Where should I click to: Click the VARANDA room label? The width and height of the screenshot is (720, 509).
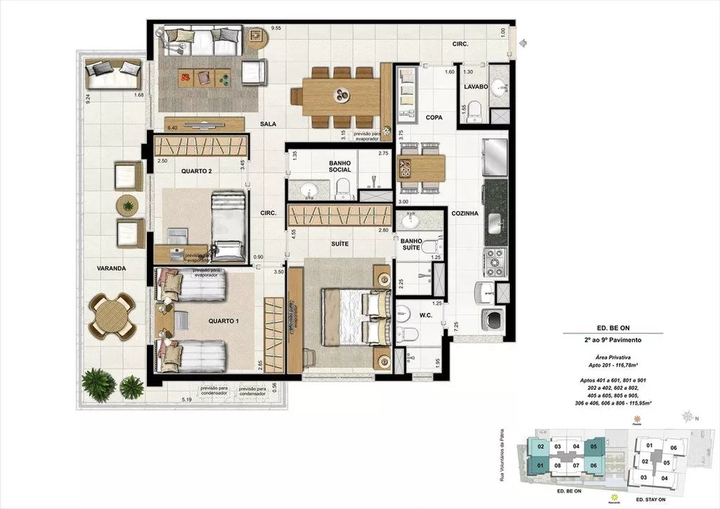pos(112,268)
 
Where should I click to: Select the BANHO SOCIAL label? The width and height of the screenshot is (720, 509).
pos(339,166)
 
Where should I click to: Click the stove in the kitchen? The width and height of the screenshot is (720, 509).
pos(496,262)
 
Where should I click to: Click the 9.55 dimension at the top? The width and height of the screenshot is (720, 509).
pos(275,28)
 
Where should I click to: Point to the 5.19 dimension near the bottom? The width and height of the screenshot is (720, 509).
pos(186,399)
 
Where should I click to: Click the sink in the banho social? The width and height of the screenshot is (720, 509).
pos(310,190)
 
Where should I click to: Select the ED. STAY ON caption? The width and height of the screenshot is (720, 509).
pos(654,495)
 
